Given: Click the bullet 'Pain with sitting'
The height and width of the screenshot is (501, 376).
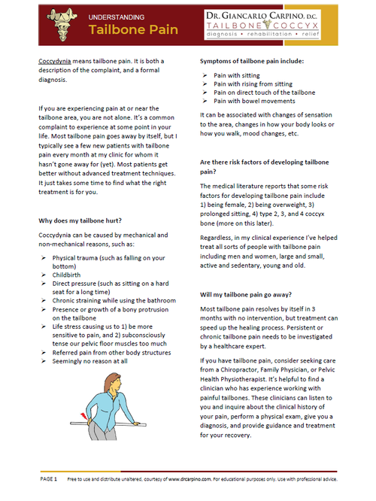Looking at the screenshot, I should point(240,76).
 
